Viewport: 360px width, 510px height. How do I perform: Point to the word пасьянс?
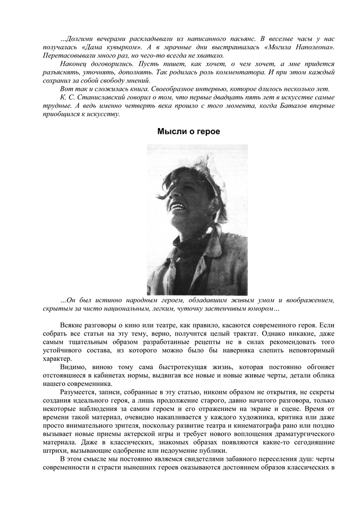click(242, 39)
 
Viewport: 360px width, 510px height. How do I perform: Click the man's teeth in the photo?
click(179, 206)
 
